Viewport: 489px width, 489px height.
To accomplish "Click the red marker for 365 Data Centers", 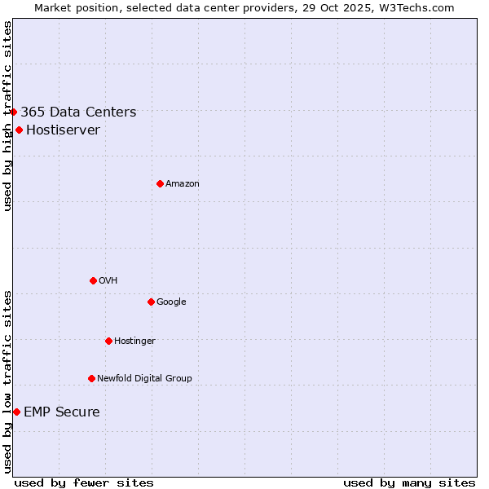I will click(x=14, y=112).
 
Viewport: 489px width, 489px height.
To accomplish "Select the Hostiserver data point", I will click(x=19, y=130).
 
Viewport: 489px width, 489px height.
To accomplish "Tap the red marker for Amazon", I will click(x=160, y=183).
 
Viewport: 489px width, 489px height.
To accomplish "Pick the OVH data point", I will click(x=93, y=280).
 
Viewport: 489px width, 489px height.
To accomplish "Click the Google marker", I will click(x=151, y=302).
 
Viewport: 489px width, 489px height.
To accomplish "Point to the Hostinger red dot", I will click(x=108, y=341).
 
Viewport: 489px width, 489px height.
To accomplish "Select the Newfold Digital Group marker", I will click(x=91, y=378).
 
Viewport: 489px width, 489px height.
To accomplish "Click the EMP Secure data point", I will click(x=16, y=412).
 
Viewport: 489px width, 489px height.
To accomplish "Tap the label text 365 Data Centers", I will click(x=78, y=112).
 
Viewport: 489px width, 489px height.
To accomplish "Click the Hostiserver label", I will click(x=63, y=130).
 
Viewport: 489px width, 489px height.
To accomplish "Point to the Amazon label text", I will click(x=182, y=184).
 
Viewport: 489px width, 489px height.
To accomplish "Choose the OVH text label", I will click(x=108, y=281).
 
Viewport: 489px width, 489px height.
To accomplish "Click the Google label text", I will click(x=171, y=302).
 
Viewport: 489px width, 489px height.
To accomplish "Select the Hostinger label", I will click(x=134, y=341).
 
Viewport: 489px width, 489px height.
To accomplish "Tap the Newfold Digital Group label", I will click(x=144, y=379).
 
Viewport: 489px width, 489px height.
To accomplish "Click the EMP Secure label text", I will click(x=61, y=412).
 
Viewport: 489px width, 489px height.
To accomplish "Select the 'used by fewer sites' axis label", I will click(x=84, y=482).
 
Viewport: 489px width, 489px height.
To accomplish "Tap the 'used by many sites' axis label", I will click(x=409, y=482).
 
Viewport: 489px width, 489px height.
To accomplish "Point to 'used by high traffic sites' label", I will click(x=7, y=117).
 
